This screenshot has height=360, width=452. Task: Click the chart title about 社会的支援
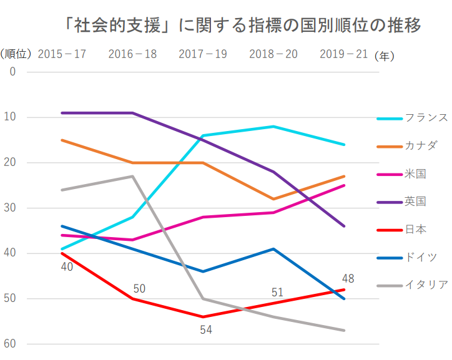(x=242, y=26)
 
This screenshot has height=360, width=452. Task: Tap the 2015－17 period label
(x=62, y=54)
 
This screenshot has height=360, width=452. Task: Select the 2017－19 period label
(x=203, y=54)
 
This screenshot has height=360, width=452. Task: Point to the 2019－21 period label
(x=343, y=54)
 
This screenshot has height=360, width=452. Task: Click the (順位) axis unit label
(x=16, y=54)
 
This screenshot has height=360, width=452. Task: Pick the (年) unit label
(x=384, y=56)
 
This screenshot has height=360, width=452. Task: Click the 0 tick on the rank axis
(x=12, y=72)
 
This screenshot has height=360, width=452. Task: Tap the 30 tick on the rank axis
(x=10, y=208)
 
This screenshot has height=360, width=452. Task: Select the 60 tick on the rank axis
(x=10, y=344)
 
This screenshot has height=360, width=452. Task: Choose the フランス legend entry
(x=412, y=118)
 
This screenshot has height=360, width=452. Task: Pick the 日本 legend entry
(x=401, y=230)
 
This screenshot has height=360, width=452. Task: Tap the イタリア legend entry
(x=412, y=285)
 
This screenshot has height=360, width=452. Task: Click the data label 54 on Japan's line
(x=206, y=330)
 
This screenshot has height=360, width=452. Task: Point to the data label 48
(x=348, y=278)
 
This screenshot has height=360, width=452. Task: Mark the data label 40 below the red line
(x=67, y=266)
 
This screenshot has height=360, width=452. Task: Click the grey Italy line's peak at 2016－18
(x=132, y=176)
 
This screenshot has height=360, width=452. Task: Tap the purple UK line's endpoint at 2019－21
(x=343, y=226)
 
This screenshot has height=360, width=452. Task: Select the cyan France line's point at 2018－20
(x=273, y=127)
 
